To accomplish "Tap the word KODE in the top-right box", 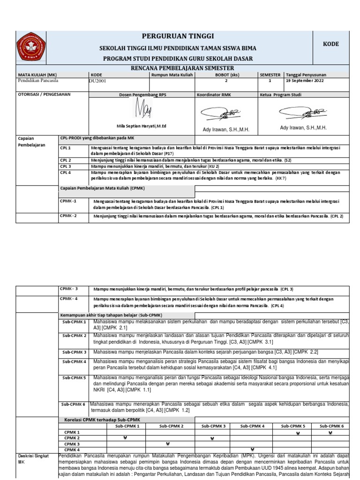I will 330,44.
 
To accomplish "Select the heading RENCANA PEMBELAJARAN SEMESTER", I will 177,68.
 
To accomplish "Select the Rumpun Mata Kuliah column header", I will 172,75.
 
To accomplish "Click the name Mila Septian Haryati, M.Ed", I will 142,126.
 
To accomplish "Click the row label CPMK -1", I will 68,201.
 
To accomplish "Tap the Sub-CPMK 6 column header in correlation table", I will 330,426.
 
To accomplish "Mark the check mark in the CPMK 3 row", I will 166,444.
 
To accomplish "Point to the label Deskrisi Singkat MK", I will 30,458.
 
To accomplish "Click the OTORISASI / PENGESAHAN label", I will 44,95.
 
